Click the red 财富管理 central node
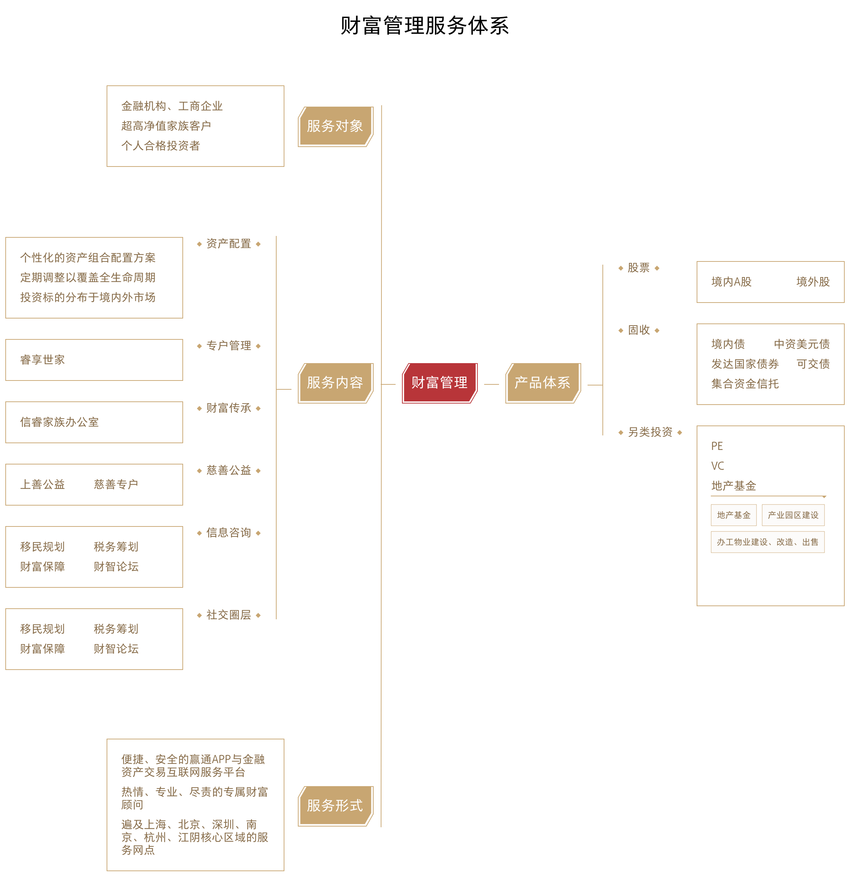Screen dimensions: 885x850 point(439,383)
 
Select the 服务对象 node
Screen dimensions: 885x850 point(335,126)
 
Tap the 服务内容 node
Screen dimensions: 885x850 point(335,383)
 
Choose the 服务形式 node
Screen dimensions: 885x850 point(335,806)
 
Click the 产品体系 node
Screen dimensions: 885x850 point(543,383)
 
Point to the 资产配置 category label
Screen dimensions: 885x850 point(228,244)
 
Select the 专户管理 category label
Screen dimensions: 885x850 point(228,346)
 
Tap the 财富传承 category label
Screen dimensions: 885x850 point(228,408)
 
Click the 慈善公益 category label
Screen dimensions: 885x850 point(228,470)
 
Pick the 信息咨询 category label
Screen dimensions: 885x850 point(228,533)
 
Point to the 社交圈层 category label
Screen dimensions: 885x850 point(228,615)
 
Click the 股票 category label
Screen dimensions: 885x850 point(638,268)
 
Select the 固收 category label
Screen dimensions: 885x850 point(638,331)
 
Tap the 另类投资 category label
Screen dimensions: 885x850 point(650,433)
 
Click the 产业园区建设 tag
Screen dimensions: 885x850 point(793,515)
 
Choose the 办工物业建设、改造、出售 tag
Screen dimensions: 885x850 point(767,542)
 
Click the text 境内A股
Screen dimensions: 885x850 point(731,282)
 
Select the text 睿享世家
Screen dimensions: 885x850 point(42,360)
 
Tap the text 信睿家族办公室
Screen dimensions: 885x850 point(59,422)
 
